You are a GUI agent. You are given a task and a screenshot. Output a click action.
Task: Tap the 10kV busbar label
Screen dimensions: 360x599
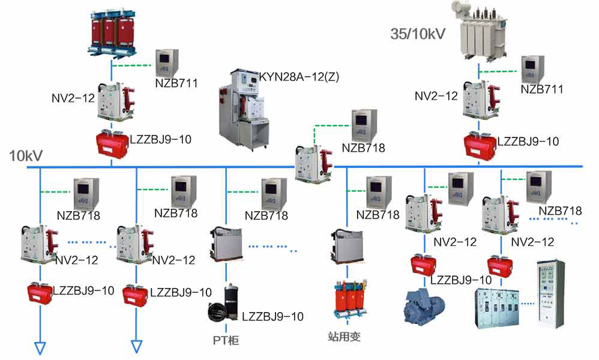tap(26, 156)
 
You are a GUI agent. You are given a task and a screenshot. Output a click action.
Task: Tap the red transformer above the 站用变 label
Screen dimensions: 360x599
tap(348, 303)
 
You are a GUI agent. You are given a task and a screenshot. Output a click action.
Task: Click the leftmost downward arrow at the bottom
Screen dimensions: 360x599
tap(40, 347)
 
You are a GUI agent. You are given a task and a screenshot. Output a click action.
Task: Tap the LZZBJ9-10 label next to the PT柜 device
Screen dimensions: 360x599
tap(272, 316)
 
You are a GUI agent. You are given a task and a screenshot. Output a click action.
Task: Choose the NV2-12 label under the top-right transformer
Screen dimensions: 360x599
tap(436, 95)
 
